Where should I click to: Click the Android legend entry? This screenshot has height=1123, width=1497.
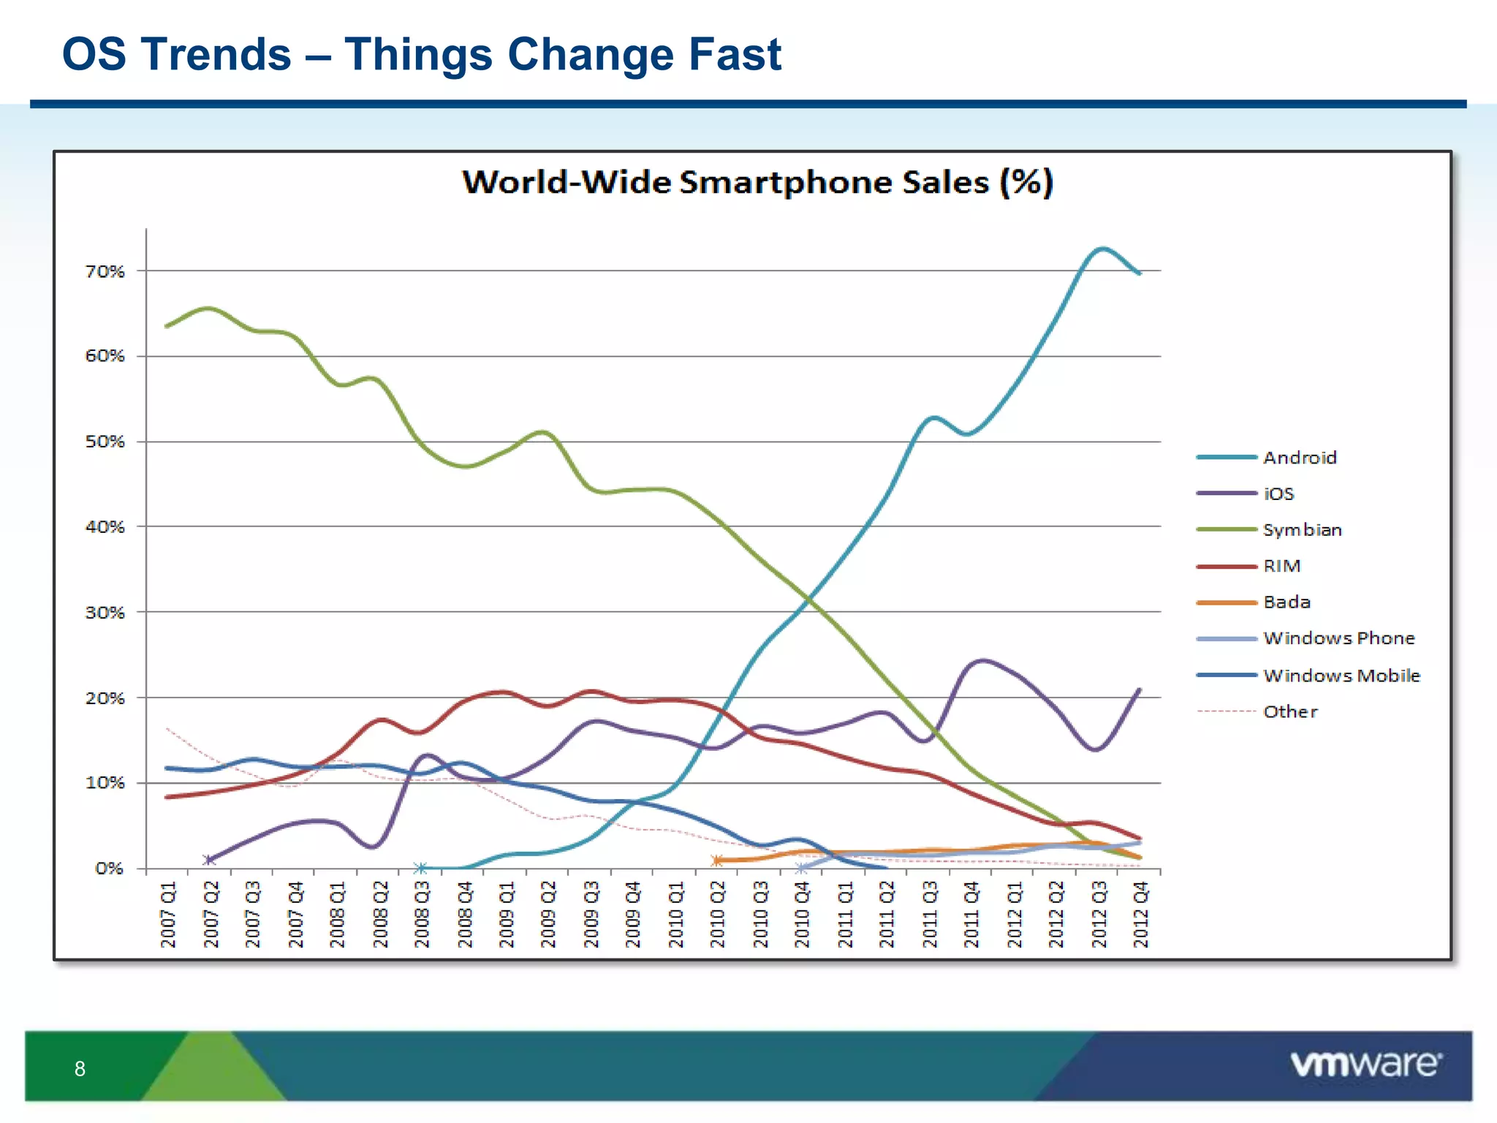pos(1299,458)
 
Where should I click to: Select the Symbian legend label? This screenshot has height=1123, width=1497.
pos(1302,530)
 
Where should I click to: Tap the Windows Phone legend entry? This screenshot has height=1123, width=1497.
pos(1338,638)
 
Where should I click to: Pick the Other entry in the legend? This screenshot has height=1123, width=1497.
pos(1290,711)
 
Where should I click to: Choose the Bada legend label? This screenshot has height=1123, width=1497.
pos(1286,602)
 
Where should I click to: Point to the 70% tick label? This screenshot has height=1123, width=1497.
pos(105,271)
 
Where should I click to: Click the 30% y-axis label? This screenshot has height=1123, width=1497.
pos(105,613)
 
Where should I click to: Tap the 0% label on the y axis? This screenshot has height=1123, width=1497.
pos(109,869)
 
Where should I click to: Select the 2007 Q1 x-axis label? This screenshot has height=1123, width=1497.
pos(168,914)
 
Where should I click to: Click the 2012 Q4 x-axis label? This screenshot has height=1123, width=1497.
pos(1141,914)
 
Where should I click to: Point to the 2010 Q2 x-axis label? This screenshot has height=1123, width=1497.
pos(718,914)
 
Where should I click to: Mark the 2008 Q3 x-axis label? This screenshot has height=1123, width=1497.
pos(422,914)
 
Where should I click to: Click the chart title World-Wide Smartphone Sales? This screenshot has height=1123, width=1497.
pos(757,182)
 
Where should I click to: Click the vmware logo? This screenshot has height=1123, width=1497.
pos(1365,1064)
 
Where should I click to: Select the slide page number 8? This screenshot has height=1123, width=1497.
pos(80,1069)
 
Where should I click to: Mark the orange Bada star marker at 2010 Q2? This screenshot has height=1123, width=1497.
pos(717,861)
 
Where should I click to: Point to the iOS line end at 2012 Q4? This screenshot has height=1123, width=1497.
pos(1140,689)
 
